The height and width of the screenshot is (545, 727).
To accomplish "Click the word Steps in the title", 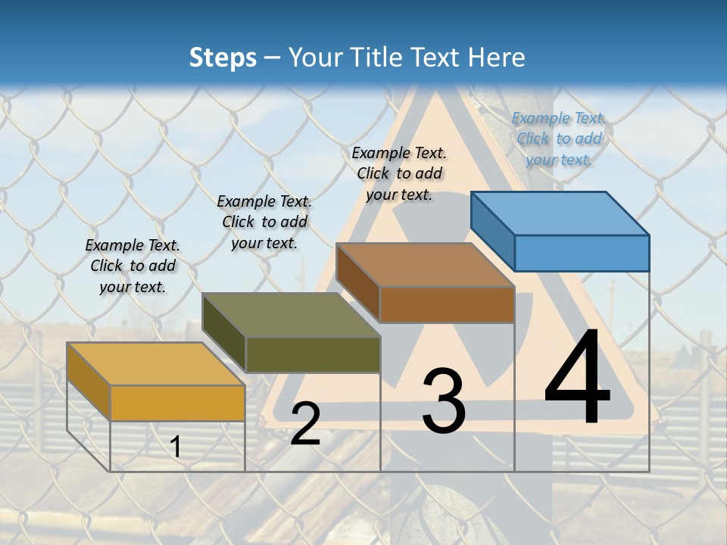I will (223, 58).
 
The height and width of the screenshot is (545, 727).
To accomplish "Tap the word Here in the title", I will (495, 58).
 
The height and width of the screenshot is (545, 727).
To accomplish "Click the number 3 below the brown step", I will (443, 400).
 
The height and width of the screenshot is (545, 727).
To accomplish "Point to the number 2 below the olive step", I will (305, 424).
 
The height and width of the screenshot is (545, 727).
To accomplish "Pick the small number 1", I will (176, 447).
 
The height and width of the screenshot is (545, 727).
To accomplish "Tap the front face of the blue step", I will (582, 253).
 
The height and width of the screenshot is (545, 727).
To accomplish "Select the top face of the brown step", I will (426, 265).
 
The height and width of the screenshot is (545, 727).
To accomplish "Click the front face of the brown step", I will (447, 305).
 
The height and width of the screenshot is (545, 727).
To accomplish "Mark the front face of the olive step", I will (313, 354).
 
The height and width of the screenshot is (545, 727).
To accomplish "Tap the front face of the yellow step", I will (178, 403).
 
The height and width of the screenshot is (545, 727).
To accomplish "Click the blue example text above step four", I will (559, 139).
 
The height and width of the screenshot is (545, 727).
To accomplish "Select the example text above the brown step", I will (399, 173).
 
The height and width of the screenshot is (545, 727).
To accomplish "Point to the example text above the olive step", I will (264, 222).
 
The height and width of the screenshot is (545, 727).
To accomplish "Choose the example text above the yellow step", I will (133, 266).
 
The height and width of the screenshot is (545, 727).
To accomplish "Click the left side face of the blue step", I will (493, 227).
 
